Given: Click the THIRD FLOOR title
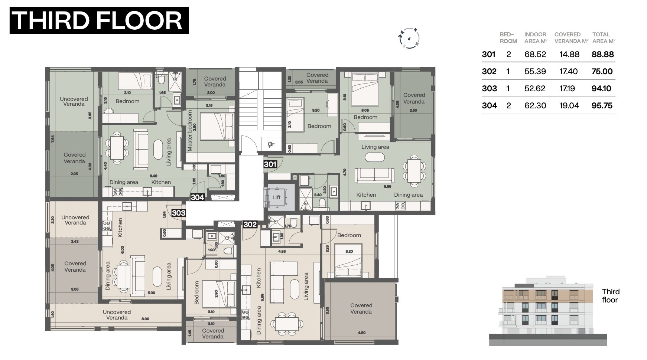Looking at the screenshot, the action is click(99, 21).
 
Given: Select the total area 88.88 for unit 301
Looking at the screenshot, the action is click(602, 54).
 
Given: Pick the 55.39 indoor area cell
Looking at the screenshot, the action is click(535, 71).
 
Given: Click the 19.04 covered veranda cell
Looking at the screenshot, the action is click(569, 105).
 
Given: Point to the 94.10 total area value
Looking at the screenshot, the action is click(602, 88).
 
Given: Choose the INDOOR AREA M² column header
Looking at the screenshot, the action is click(536, 38).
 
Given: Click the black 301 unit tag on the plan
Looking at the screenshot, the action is click(270, 164).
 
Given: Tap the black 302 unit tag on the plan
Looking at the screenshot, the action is click(250, 224).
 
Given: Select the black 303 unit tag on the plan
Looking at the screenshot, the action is click(179, 213).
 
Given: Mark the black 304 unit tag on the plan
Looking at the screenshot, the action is click(197, 197).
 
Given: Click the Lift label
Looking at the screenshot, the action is click(276, 197).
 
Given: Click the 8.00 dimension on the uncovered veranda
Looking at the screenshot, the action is click(145, 319).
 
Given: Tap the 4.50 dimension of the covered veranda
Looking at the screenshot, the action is click(361, 333).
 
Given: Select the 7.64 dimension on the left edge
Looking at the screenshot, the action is click(52, 139).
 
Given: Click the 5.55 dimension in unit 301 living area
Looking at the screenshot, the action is click(387, 186).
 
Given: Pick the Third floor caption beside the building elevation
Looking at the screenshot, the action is click(611, 296).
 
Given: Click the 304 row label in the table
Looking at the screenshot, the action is click(489, 105).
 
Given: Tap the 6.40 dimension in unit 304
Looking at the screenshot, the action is click(153, 176).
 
